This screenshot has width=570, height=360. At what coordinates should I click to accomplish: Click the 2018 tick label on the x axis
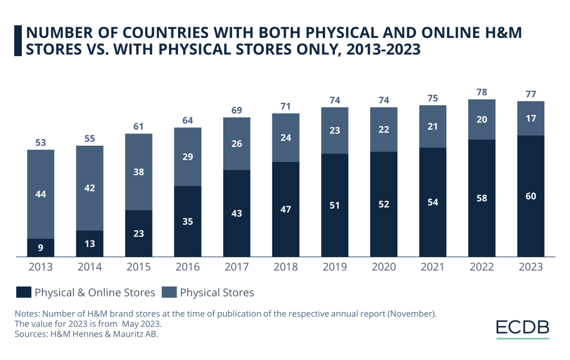click(x=286, y=267)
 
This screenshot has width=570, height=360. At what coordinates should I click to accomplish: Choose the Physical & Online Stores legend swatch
click(x=23, y=292)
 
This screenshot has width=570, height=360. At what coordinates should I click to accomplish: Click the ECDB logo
click(x=522, y=328)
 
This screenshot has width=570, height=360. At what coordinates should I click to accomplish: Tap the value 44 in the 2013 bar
click(x=41, y=194)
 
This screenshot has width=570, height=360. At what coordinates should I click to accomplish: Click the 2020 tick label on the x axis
click(x=384, y=267)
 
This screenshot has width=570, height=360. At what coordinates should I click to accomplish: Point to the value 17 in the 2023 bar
click(x=530, y=119)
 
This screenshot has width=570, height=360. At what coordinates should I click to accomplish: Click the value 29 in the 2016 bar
click(x=188, y=157)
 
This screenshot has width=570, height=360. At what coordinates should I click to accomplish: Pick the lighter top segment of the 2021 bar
click(x=433, y=127)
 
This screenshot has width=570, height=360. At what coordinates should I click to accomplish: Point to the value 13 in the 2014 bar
click(x=90, y=244)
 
